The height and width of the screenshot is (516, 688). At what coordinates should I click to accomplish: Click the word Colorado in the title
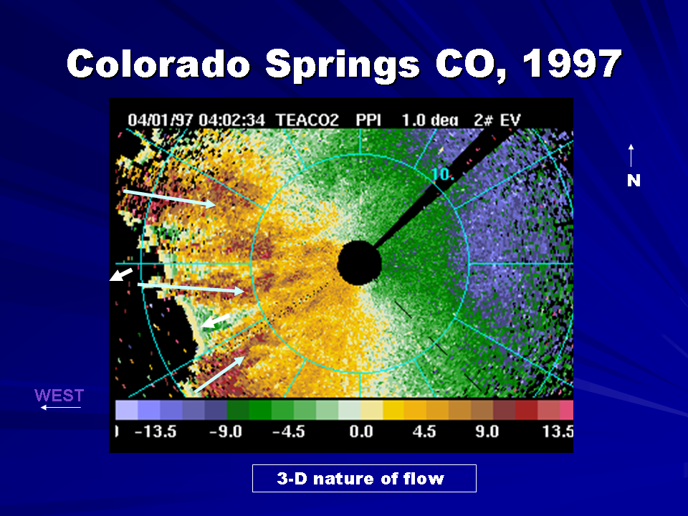coord(158,63)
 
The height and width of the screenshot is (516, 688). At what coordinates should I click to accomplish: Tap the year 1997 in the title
coord(572,63)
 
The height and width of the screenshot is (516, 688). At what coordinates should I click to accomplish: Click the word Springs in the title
coord(343,65)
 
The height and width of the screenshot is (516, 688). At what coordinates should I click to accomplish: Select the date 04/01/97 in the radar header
coord(160,120)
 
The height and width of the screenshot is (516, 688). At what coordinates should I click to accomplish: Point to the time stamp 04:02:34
coord(232,120)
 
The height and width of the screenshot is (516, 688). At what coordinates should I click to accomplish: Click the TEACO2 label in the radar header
coord(307,120)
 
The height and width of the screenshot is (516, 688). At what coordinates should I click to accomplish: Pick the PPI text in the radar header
coord(368,120)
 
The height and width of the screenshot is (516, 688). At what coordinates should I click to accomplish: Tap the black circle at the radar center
coord(359,263)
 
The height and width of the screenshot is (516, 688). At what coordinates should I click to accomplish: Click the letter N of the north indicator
coord(634,181)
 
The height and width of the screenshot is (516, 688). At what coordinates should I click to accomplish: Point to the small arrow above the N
coord(631,156)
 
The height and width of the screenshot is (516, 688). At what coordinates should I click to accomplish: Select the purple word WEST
coord(59,396)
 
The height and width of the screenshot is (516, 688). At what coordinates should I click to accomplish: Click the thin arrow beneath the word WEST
coord(60,408)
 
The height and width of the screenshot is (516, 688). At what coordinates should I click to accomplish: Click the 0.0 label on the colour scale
coord(361,431)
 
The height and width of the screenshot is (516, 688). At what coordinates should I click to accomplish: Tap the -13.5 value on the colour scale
coord(156,431)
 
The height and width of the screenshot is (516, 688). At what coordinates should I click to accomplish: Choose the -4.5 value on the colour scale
coord(288,431)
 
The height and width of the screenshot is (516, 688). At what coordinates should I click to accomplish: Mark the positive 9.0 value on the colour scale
coord(487,431)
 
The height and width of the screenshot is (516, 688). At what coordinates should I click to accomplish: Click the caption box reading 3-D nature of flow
coord(364,478)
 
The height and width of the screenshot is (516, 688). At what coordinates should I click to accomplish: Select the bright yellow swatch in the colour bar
coord(393,410)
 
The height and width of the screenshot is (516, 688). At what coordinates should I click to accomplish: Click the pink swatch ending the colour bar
coord(566,410)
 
